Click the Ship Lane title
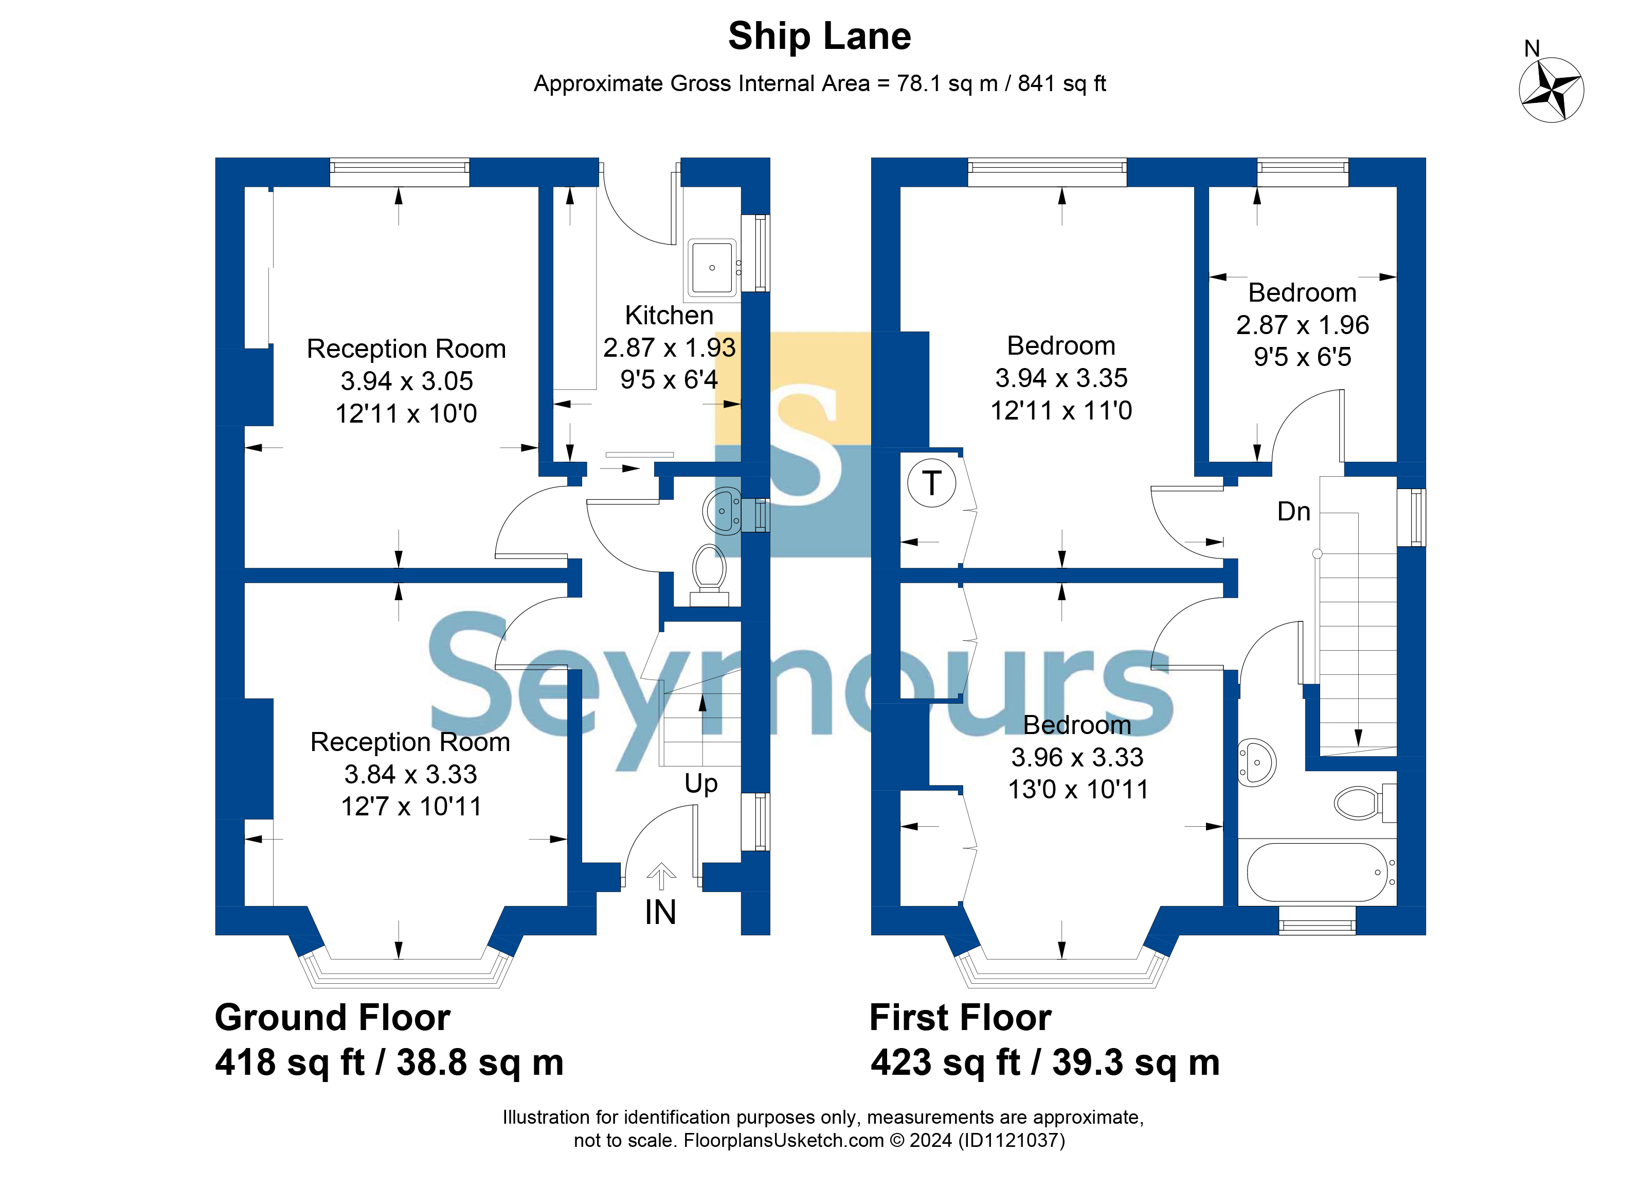coord(819,36)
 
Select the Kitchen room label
coord(669,316)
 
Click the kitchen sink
coord(712,268)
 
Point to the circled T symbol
coord(931,483)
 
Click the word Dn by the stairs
coord(1293,512)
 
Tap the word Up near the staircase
coord(700,783)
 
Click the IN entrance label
coord(660,913)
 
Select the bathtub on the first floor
coord(1316,872)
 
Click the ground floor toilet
coord(709,569)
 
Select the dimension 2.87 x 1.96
coord(1302,325)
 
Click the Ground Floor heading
coord(333,1017)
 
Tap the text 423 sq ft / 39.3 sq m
coord(1045,1062)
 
